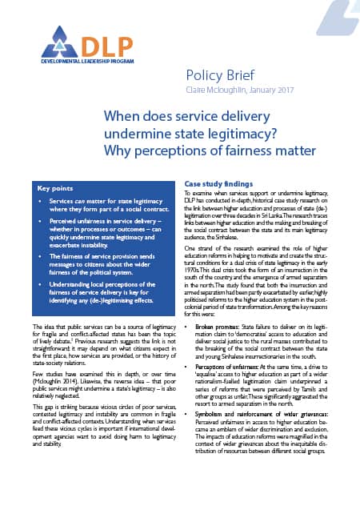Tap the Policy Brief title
[223, 75]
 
